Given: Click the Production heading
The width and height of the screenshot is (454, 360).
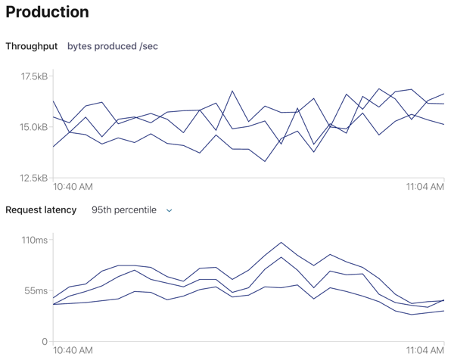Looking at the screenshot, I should [x=47, y=13].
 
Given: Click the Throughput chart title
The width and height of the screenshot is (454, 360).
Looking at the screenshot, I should [x=32, y=46].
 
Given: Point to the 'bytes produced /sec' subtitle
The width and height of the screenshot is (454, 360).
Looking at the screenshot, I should [x=113, y=46].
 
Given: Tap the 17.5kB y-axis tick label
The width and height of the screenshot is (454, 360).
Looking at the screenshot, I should [x=34, y=76].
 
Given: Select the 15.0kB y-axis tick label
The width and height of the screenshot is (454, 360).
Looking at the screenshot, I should [x=34, y=127].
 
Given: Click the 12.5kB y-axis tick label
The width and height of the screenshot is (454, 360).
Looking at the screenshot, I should [x=34, y=178].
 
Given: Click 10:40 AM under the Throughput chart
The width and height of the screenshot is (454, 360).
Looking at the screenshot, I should [x=73, y=187].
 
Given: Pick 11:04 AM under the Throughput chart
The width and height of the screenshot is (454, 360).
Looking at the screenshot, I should [x=423, y=187].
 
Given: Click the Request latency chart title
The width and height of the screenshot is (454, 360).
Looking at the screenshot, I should [x=41, y=209].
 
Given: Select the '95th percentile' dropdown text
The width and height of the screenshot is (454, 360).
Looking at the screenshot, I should [x=124, y=209].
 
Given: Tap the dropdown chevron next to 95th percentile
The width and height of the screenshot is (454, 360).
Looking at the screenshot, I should [x=169, y=210].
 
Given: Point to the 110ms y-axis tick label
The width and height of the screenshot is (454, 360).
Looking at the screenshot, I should [x=35, y=241].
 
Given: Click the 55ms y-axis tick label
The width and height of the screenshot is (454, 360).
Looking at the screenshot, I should [x=36, y=290].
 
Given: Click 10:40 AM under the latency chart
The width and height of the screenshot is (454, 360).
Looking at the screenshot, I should [x=73, y=351].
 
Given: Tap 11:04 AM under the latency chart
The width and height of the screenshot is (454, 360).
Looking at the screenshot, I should [x=423, y=351].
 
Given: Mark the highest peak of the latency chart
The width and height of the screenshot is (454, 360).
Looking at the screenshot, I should [x=281, y=243].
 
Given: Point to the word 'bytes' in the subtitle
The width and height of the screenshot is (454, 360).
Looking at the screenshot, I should [x=80, y=46].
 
